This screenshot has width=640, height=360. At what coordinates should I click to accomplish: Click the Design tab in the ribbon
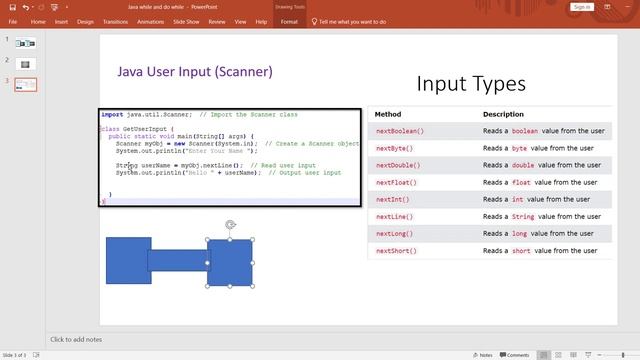85,20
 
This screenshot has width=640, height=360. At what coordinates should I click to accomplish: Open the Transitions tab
115,20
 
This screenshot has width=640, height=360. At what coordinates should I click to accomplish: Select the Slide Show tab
187,20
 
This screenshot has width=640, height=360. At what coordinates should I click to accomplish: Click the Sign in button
582,6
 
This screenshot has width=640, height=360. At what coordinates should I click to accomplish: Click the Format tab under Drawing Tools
289,20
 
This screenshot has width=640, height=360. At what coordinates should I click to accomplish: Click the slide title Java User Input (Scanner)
195,72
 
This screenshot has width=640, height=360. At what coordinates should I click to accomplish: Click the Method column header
388,114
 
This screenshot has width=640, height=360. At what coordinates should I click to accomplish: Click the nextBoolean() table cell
400,131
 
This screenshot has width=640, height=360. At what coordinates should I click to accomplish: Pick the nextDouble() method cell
398,165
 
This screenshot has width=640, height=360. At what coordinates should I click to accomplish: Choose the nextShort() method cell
396,251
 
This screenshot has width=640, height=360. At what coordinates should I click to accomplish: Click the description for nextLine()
529,216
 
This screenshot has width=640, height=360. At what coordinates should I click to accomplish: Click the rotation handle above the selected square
230,225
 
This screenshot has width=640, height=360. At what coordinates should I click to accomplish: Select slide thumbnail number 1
26,43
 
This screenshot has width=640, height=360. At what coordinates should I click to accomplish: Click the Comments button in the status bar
514,355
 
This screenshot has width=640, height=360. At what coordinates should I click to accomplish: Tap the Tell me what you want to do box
365,20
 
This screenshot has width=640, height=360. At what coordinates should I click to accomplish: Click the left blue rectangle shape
126,260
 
